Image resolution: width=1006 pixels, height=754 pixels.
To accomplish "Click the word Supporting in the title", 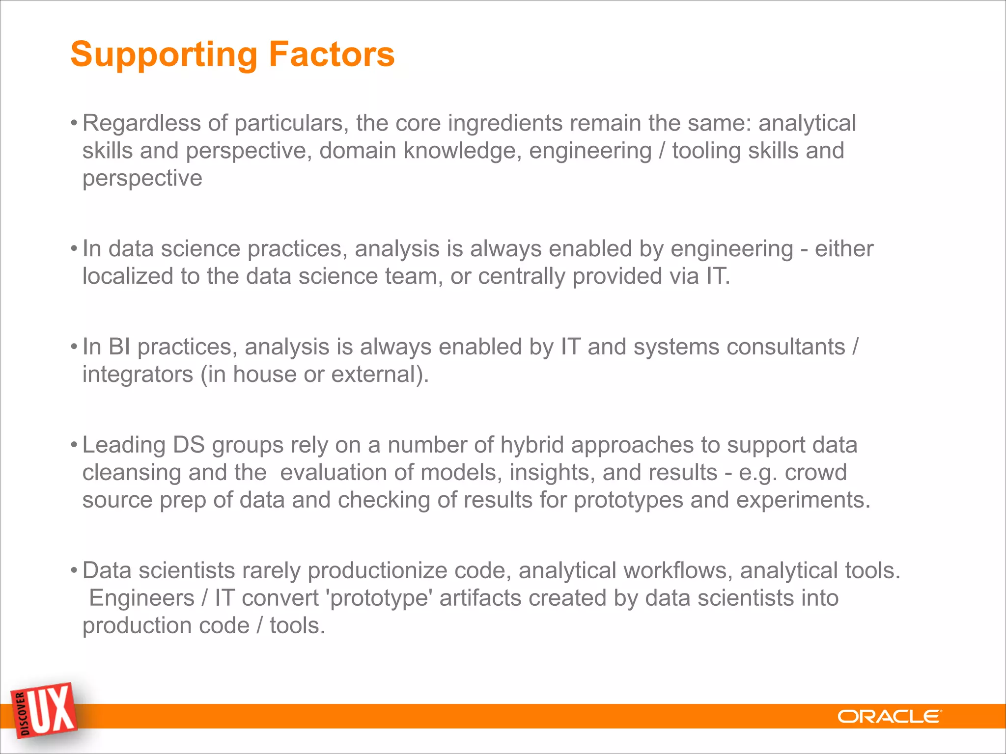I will [164, 55].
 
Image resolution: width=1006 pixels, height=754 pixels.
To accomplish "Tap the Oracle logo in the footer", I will [889, 717].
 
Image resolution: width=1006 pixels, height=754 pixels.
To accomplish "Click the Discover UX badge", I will [45, 710].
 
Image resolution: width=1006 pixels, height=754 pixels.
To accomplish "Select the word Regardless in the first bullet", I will [141, 123].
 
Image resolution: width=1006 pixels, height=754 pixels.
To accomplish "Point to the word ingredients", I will [505, 123].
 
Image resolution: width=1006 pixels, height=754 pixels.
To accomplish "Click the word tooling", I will [706, 151].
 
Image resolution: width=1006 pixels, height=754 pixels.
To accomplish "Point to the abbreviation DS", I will [189, 445].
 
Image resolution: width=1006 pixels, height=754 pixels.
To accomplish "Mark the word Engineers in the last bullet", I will [141, 598].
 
